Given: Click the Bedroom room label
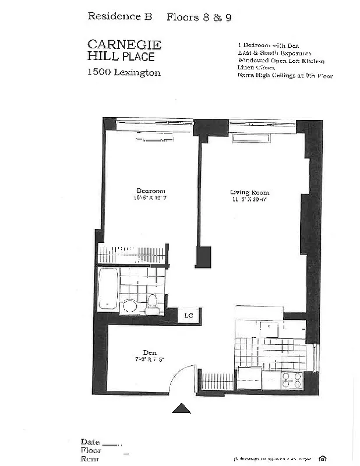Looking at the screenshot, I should coord(151,191).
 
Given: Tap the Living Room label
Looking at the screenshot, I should coord(249,192).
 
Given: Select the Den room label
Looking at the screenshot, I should coord(151,352).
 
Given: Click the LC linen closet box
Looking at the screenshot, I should coord(189,316).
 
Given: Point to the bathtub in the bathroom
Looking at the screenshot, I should coord(108,288).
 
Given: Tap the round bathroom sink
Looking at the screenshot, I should coord(130,306).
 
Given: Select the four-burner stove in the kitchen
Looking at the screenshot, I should coord(292,380).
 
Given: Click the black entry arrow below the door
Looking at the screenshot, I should coord(181,409).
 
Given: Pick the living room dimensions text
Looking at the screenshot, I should coord(249,199).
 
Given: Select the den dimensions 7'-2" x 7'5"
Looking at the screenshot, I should coord(151,359).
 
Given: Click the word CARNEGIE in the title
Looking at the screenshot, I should coord(124,44).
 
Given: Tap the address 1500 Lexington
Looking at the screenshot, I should coord(123,72).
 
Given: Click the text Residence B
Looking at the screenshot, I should coord(119,16).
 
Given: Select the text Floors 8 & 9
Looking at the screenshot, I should coord(199,17).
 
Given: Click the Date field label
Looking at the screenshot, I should coord(90,442).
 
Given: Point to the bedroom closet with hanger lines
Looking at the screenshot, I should coord(132,255).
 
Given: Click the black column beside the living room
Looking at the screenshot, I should coord(203,256).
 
